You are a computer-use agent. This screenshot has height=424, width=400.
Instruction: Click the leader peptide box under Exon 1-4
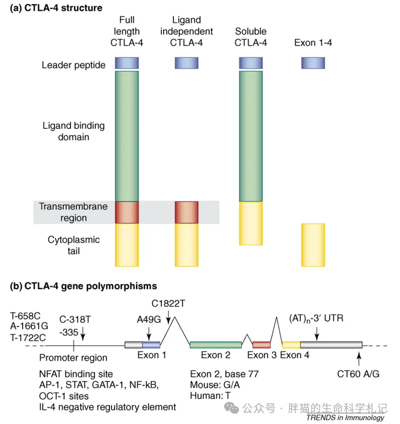pos(313,63)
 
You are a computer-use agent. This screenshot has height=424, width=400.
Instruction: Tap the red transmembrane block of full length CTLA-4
pos(127,212)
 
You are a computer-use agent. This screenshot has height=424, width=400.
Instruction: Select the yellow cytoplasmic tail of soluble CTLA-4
pos(251,223)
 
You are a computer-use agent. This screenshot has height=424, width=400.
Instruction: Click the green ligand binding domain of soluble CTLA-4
pos(251,136)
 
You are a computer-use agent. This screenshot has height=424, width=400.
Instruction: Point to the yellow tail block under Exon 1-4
pos(313,244)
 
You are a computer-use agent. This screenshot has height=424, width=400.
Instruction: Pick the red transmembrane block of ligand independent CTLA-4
pos(187,212)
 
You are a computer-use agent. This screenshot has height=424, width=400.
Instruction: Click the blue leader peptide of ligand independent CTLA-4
pos(187,63)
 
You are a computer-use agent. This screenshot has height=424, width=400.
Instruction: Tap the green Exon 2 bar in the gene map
pos(215,344)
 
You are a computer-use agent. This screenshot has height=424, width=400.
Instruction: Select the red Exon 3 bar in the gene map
pos(262,344)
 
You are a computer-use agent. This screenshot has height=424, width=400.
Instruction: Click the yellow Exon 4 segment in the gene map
pos(291,344)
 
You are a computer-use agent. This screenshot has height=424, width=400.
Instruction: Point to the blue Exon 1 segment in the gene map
pos(151,344)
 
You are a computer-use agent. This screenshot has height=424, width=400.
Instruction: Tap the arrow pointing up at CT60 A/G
pos(359,359)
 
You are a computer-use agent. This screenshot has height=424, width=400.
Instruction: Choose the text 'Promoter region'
pos(73,358)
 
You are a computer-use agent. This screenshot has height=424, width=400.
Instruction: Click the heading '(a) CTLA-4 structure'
pos(56,8)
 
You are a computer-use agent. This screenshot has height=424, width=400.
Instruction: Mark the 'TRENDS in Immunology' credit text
pos(345,417)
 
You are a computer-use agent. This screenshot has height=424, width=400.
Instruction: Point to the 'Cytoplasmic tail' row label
pos(73,245)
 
